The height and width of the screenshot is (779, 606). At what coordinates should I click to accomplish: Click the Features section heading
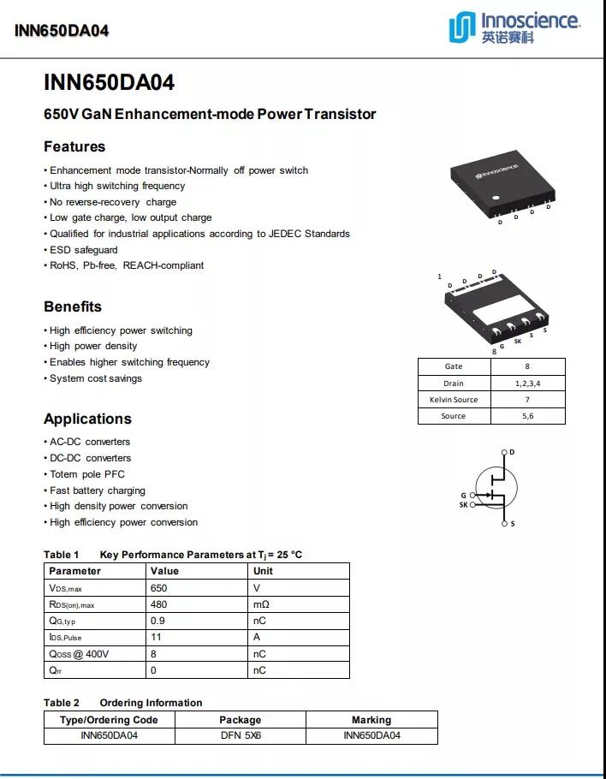click(x=74, y=146)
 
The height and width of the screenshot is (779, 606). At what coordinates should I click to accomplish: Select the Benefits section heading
click(x=73, y=306)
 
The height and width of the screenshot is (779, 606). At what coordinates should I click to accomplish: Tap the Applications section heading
click(x=87, y=419)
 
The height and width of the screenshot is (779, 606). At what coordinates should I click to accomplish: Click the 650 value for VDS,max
click(x=159, y=588)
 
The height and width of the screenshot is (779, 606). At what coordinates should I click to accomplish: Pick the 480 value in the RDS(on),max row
click(x=159, y=604)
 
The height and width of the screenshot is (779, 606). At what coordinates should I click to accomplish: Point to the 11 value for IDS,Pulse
click(x=157, y=637)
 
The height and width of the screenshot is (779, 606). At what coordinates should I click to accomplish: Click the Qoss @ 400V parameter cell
click(x=79, y=654)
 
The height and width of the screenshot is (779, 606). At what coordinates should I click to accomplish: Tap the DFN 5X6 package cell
click(x=240, y=735)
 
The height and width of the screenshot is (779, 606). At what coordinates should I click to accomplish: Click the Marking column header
click(x=371, y=720)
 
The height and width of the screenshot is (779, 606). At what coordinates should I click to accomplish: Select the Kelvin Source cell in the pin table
click(x=454, y=400)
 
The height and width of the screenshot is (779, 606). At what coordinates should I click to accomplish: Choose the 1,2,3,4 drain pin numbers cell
click(x=527, y=384)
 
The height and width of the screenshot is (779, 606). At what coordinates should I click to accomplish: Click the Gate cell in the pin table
click(x=454, y=366)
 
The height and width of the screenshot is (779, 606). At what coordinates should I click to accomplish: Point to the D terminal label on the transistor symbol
click(x=512, y=452)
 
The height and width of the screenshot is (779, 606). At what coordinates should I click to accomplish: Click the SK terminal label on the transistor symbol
click(x=464, y=505)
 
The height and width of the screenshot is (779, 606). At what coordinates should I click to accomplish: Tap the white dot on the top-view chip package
click(x=493, y=199)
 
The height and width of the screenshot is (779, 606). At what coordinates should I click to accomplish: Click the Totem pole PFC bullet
click(x=86, y=474)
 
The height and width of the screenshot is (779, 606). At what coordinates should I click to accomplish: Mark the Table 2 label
click(x=62, y=703)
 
